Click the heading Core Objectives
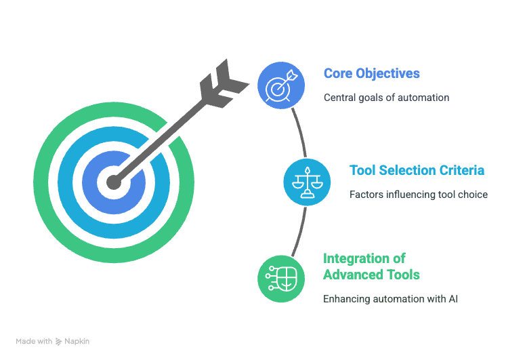372,73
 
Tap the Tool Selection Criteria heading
417,170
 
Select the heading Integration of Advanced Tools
371,266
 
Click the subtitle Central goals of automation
387,98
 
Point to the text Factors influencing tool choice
419,195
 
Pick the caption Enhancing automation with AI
391,299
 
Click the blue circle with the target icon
281,85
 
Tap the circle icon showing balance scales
308,182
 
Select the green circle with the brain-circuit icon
281,279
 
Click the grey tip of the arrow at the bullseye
114,182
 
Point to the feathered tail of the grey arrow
224,84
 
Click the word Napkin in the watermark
77,341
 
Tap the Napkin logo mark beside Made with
58,342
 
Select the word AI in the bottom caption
453,299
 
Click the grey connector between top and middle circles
300,132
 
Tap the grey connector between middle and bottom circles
300,232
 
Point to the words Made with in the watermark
34,341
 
